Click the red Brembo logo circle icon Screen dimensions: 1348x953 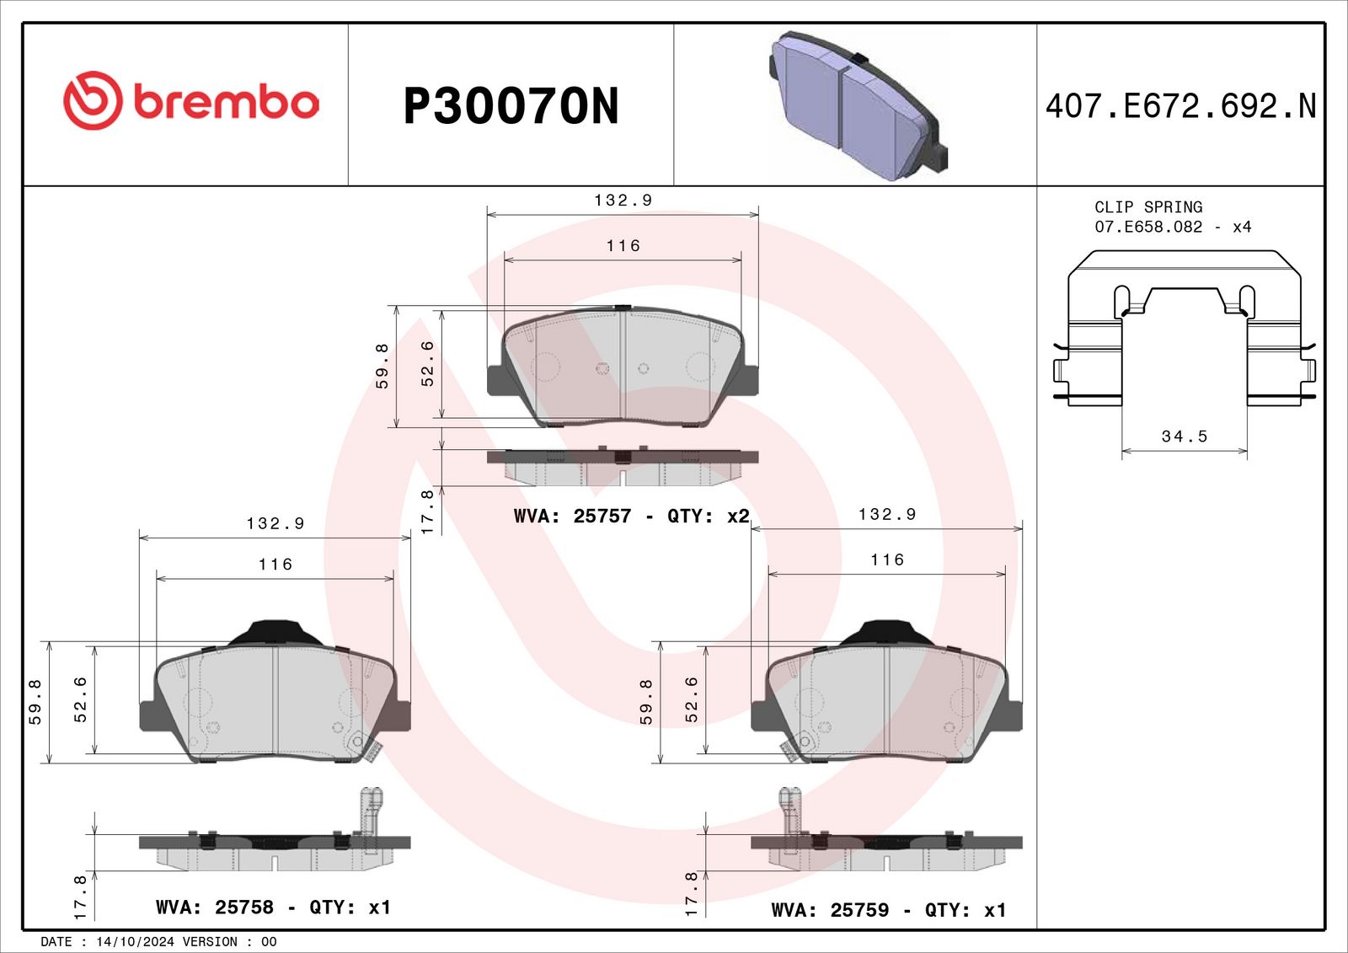93,100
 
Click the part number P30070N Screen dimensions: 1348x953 511,106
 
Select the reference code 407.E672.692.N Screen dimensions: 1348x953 1181,106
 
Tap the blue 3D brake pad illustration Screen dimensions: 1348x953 858,106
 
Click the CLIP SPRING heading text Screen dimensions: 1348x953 1148,207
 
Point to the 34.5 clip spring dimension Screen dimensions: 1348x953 1185,436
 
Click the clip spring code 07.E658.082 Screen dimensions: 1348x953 1148,227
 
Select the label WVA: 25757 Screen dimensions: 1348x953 572,516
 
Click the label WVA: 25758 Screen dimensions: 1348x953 215,907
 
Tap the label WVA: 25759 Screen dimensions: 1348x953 830,910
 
